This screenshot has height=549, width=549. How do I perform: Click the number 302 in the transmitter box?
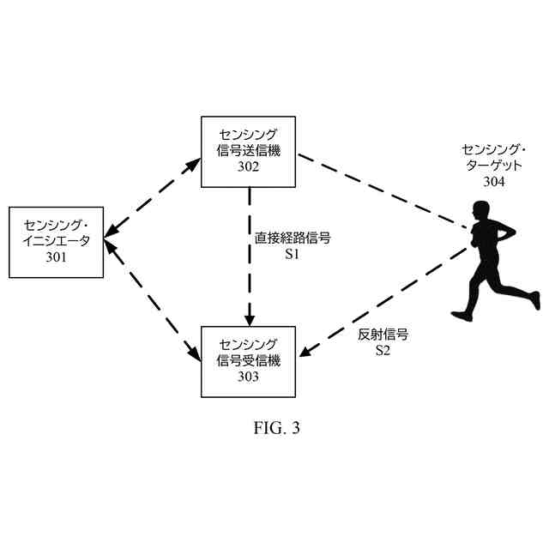tap(249, 166)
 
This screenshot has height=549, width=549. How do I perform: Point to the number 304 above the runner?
tap(494, 181)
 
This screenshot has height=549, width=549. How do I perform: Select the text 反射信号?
tap(383, 335)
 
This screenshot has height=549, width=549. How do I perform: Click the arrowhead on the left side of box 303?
tap(193, 353)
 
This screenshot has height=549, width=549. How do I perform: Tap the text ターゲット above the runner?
tap(494, 166)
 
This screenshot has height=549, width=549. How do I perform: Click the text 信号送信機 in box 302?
tap(249, 150)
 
